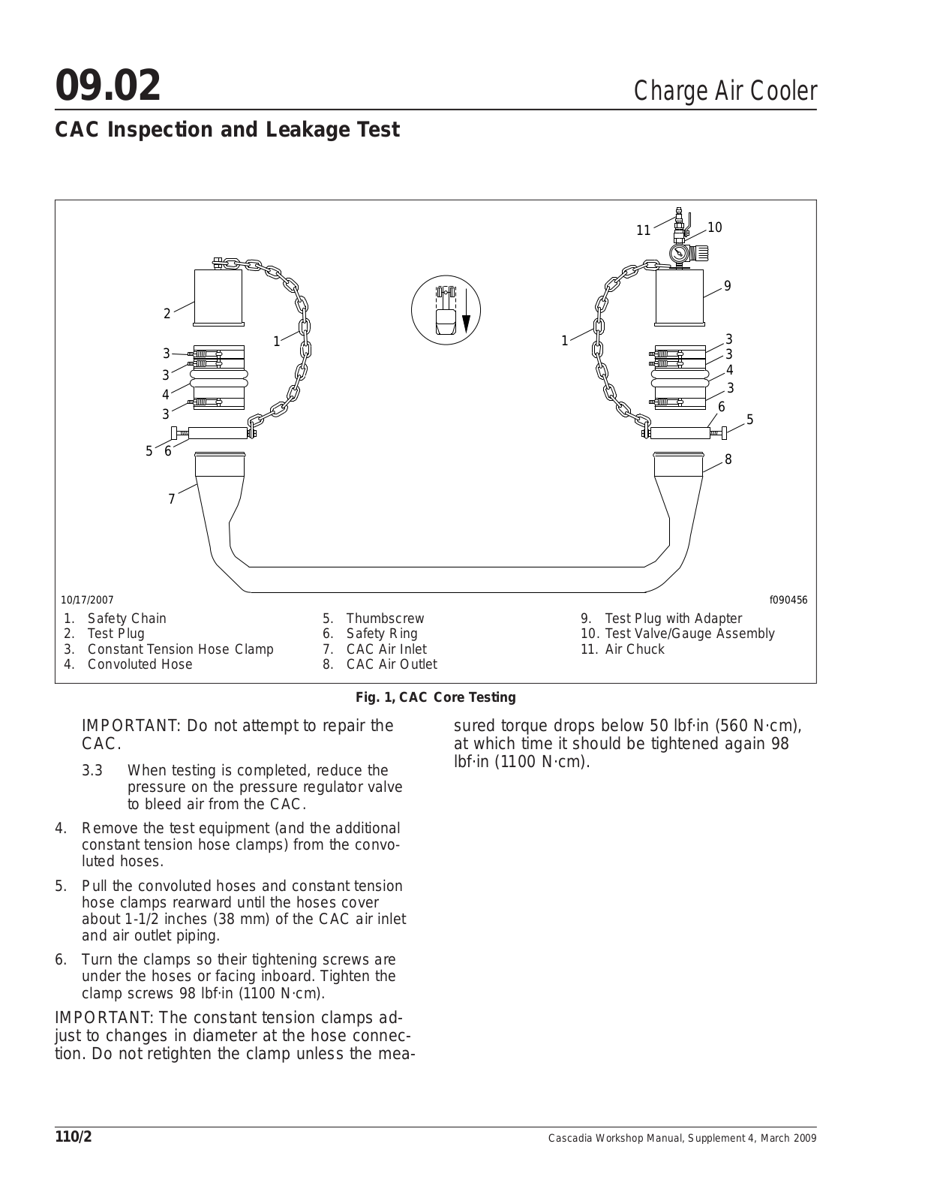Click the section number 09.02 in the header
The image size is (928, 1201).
pos(108,86)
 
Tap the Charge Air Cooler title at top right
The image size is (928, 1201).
pos(725,91)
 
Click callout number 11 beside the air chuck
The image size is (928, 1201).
pos(643,230)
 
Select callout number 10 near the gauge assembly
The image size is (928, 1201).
pos(714,227)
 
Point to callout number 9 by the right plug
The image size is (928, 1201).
pos(727,286)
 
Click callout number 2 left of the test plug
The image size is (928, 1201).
pos(167,314)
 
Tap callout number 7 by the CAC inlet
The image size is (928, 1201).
pos(172,499)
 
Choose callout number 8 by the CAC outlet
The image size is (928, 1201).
pos(728,459)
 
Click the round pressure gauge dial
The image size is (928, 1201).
pos(679,252)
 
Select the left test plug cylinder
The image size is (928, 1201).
pos(218,296)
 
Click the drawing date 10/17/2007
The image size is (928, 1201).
pos(87,600)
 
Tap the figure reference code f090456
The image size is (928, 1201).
pos(788,600)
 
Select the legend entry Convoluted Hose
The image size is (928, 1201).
pos(140,664)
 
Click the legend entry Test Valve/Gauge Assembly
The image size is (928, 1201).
pos(689,634)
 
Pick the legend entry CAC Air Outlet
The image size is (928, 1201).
pos(391,664)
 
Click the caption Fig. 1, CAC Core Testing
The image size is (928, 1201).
pos(435,697)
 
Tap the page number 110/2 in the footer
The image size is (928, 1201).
pos(73,1136)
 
